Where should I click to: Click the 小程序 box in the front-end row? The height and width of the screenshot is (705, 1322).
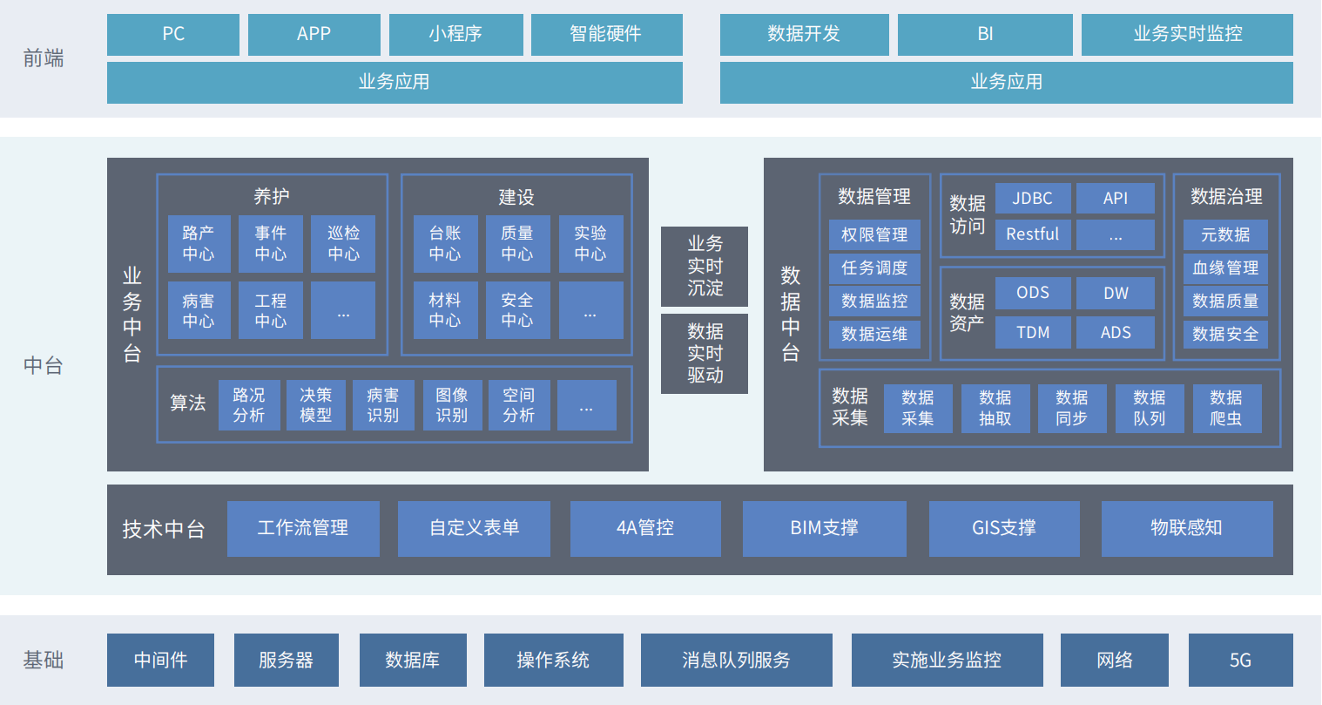point(455,34)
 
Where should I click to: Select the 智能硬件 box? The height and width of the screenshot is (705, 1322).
point(606,34)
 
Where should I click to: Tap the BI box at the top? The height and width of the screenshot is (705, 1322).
point(985,34)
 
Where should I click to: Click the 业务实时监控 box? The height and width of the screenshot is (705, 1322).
point(1187,34)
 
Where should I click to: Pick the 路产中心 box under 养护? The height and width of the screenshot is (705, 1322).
point(199,244)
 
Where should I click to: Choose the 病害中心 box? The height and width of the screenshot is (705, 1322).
point(199,310)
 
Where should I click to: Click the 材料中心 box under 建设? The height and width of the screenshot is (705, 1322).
point(445,310)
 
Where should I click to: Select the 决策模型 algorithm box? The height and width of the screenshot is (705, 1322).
point(315,405)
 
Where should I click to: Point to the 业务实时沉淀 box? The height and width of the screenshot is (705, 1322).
point(705,266)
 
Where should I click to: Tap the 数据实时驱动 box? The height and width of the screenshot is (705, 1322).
point(705,353)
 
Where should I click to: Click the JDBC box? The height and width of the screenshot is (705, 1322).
point(1033,199)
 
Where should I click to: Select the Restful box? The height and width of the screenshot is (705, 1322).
point(1033,234)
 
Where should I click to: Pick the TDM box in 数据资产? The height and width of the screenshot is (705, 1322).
point(1033,333)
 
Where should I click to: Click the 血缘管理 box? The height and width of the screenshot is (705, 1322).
point(1225,268)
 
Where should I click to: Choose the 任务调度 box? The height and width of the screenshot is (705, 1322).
point(874,268)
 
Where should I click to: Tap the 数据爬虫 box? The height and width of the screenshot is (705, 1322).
point(1226,408)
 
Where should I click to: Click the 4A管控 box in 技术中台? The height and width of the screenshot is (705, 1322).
point(645,528)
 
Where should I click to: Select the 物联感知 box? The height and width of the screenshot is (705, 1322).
point(1187,528)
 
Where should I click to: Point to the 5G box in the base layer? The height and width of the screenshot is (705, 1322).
point(1240,661)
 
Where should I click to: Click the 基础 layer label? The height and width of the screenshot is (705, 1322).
point(44,661)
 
